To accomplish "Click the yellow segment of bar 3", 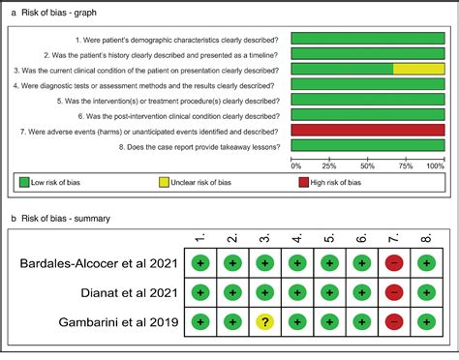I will click(x=418, y=69).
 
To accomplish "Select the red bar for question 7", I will click(x=368, y=130).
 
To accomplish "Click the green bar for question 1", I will click(x=368, y=38).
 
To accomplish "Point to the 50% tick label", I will click(x=368, y=165).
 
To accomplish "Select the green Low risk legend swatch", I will click(x=24, y=182).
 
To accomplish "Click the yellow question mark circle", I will click(x=263, y=321).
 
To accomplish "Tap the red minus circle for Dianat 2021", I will click(x=394, y=291).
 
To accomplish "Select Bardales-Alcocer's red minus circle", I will click(x=394, y=261).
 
